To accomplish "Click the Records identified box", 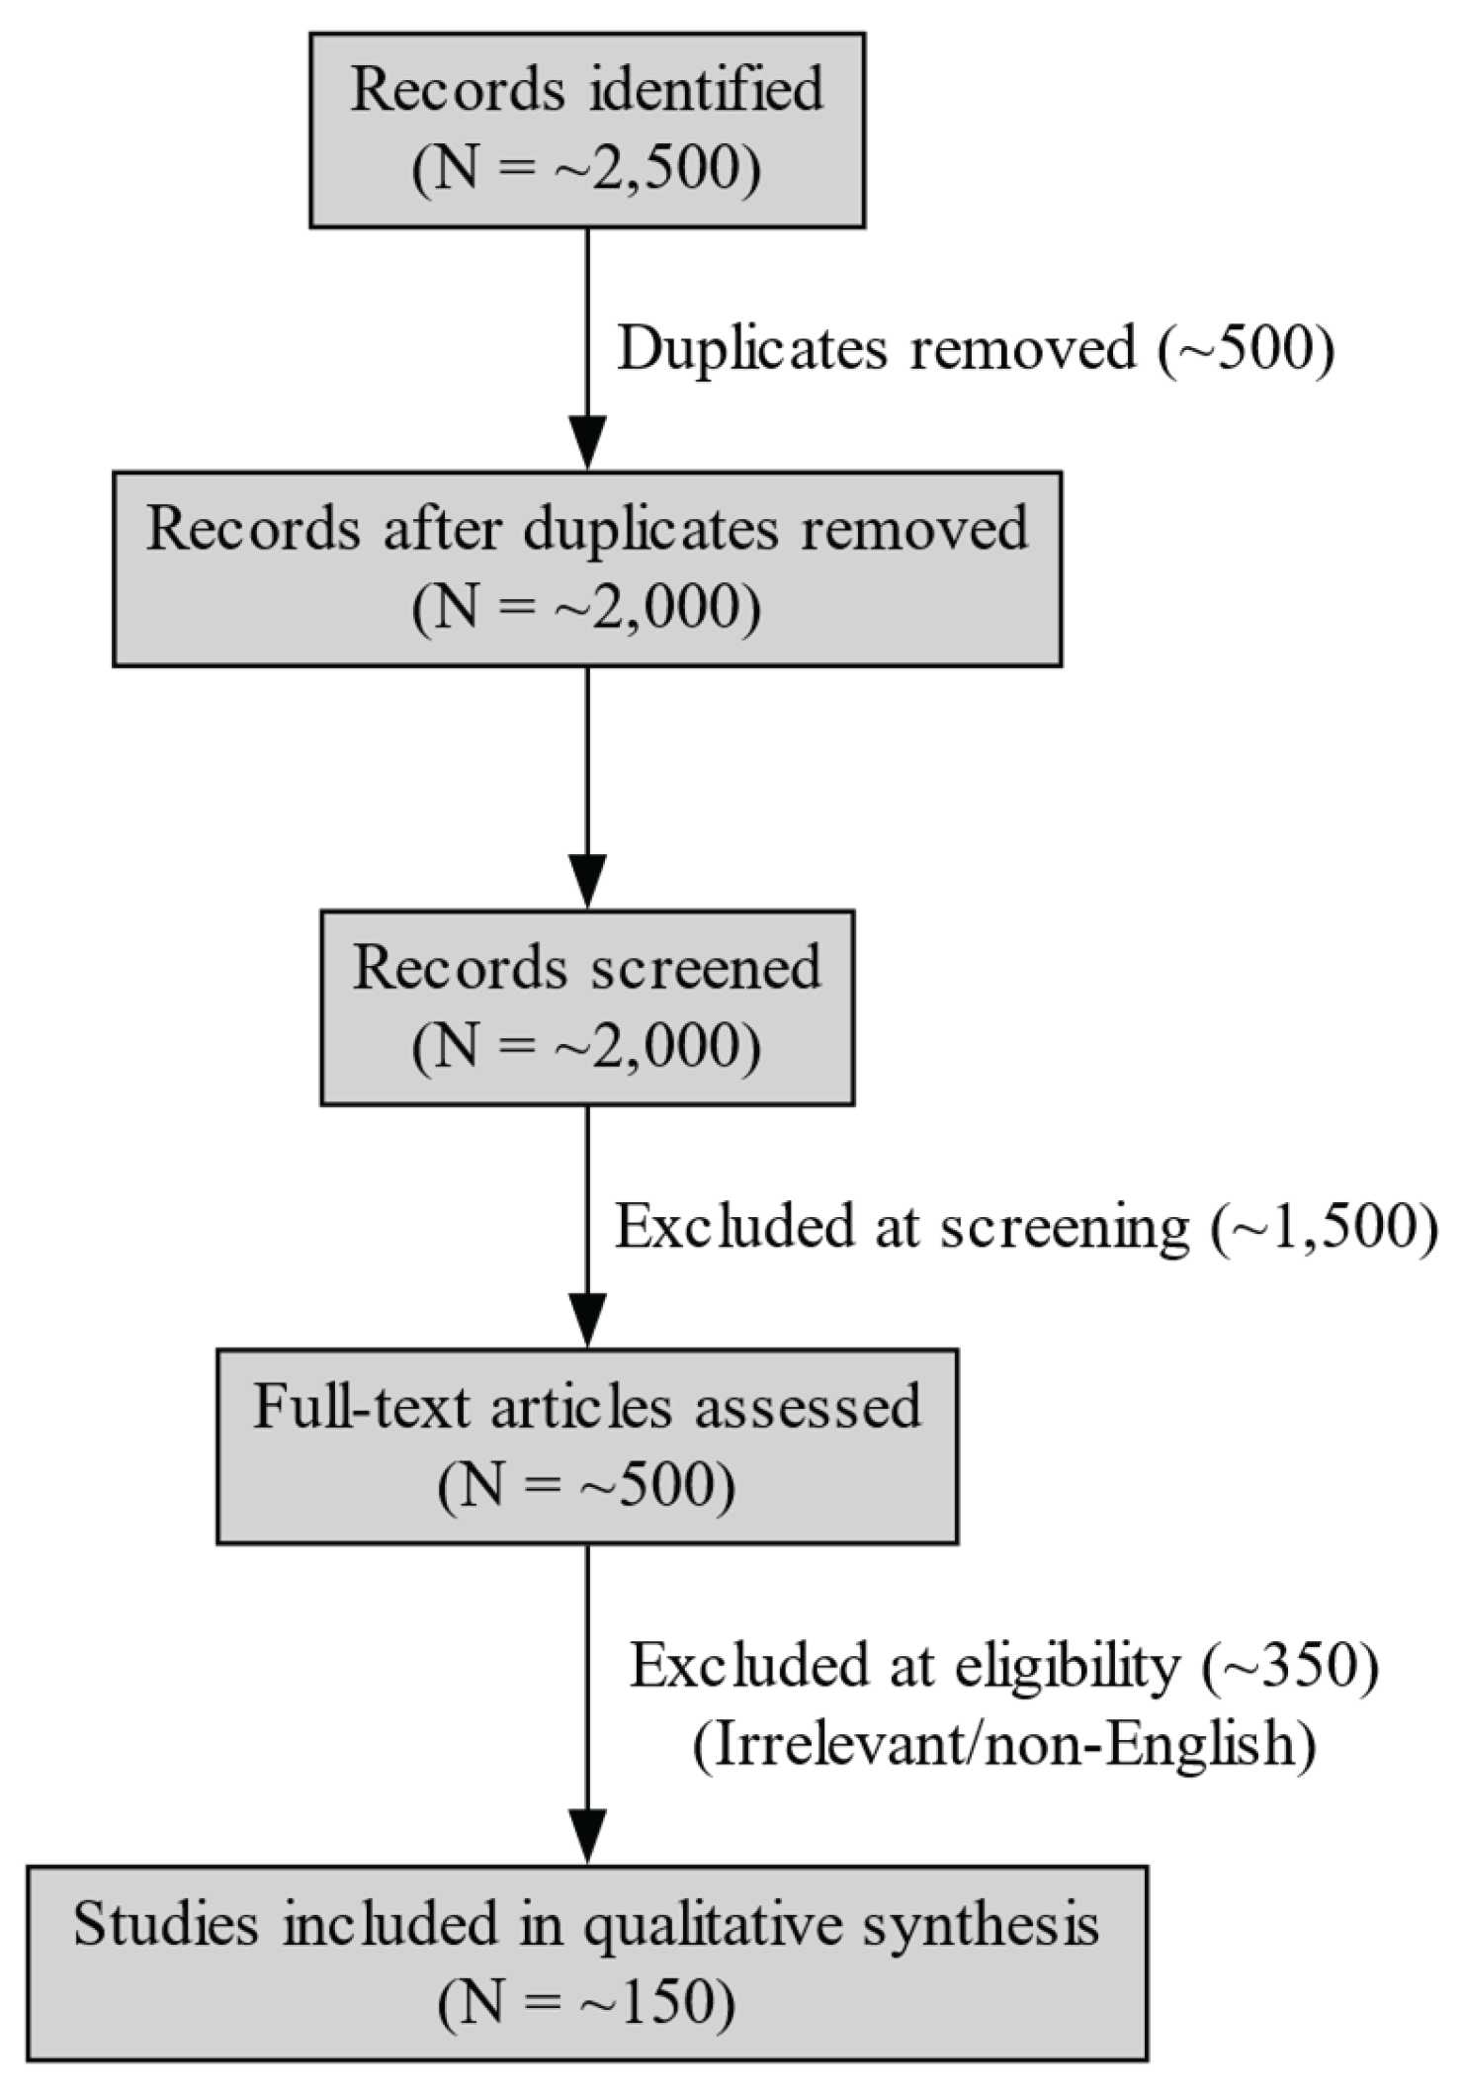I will pos(587,131).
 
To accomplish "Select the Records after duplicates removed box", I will pos(587,568).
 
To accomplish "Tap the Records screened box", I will pos(587,1006).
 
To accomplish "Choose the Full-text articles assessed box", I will pos(587,1445).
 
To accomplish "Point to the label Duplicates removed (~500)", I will pos(976,349).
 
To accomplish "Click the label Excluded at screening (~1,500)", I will pos(1026,1227).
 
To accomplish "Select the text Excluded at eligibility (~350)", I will pos(1004,1666).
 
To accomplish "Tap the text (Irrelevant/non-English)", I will pos(1004,1745).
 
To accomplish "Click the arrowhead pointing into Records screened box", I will pos(587,880).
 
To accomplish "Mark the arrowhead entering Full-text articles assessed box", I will pos(587,1319).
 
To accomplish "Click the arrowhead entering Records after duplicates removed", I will pos(587,442).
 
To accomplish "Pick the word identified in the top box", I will pos(707,90).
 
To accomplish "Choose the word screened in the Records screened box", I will pos(707,967).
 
